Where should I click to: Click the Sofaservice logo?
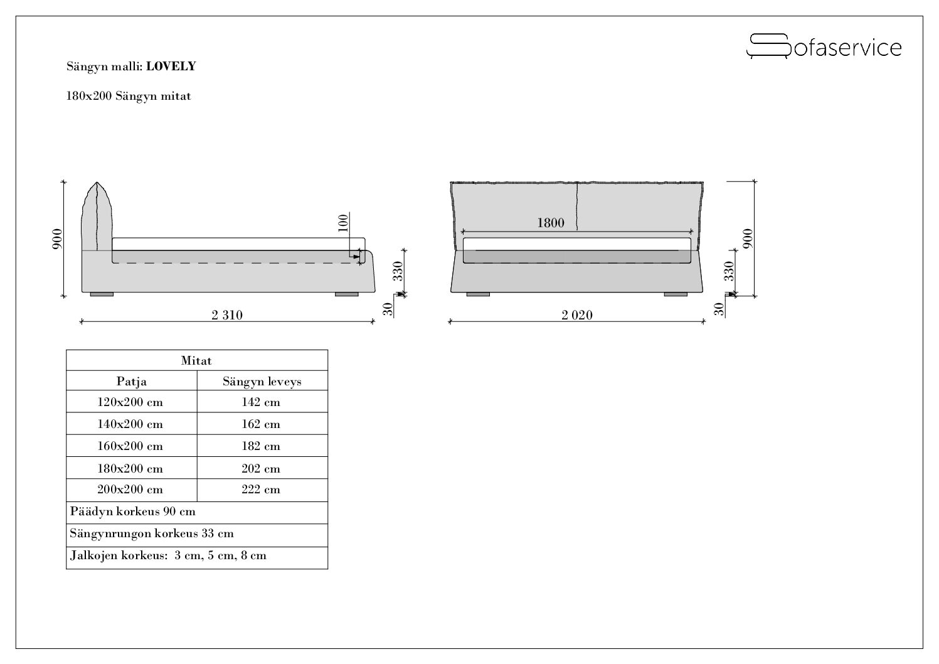tap(824, 46)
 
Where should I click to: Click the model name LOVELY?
tap(171, 67)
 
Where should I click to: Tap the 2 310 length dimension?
tap(227, 315)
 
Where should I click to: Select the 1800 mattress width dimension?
tap(550, 223)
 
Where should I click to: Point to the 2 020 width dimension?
tap(577, 315)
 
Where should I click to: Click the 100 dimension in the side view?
tap(343, 223)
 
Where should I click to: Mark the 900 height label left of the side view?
tap(57, 238)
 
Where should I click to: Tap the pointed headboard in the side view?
tap(97, 217)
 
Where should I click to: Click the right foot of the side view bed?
tap(347, 294)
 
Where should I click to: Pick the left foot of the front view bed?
tap(478, 294)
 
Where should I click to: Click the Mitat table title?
tap(196, 361)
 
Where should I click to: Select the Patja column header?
tap(131, 382)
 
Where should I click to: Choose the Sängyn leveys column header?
tap(262, 382)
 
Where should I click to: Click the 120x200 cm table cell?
tap(130, 402)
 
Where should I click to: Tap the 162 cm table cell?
tap(261, 424)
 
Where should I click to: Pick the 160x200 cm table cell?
tap(130, 446)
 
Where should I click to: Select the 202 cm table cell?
tap(261, 469)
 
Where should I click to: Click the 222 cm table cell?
tap(261, 489)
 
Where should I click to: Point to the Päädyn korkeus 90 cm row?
tap(132, 511)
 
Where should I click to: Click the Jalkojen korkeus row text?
tap(168, 555)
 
